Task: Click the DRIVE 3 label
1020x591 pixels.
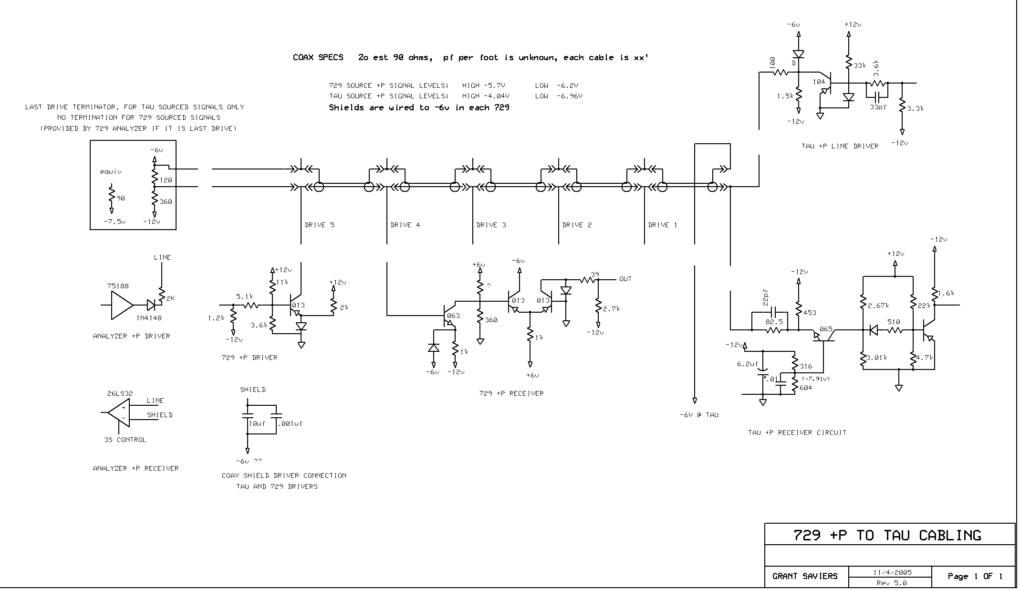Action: (x=491, y=225)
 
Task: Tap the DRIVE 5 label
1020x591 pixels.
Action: (x=319, y=225)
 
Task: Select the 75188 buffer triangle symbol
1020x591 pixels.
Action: (x=121, y=305)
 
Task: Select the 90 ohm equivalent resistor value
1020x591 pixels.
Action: (x=121, y=198)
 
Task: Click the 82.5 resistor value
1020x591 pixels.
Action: (x=774, y=322)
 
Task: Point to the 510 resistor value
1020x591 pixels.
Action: (x=894, y=322)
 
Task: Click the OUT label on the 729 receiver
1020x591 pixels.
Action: (x=625, y=279)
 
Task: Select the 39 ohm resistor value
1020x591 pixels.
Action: (x=594, y=274)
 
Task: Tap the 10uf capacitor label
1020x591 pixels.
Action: (x=257, y=423)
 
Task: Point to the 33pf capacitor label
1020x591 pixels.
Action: (x=878, y=107)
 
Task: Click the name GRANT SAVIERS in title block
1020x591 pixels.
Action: (x=805, y=576)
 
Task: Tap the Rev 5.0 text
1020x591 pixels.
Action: (x=891, y=583)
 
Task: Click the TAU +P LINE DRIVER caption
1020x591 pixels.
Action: (x=840, y=146)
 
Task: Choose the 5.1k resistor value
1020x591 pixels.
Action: (x=245, y=296)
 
